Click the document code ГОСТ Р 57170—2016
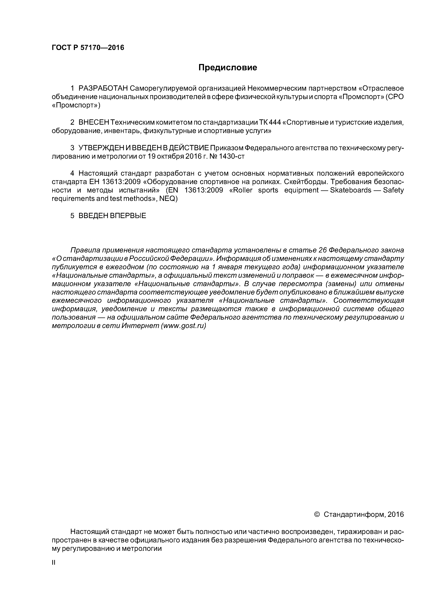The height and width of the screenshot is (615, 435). coord(88,48)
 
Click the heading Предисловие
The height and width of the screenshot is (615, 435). coord(227,67)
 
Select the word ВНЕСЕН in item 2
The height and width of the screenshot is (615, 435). coord(94,122)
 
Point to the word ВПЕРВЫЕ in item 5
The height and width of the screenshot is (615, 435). coord(128,216)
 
